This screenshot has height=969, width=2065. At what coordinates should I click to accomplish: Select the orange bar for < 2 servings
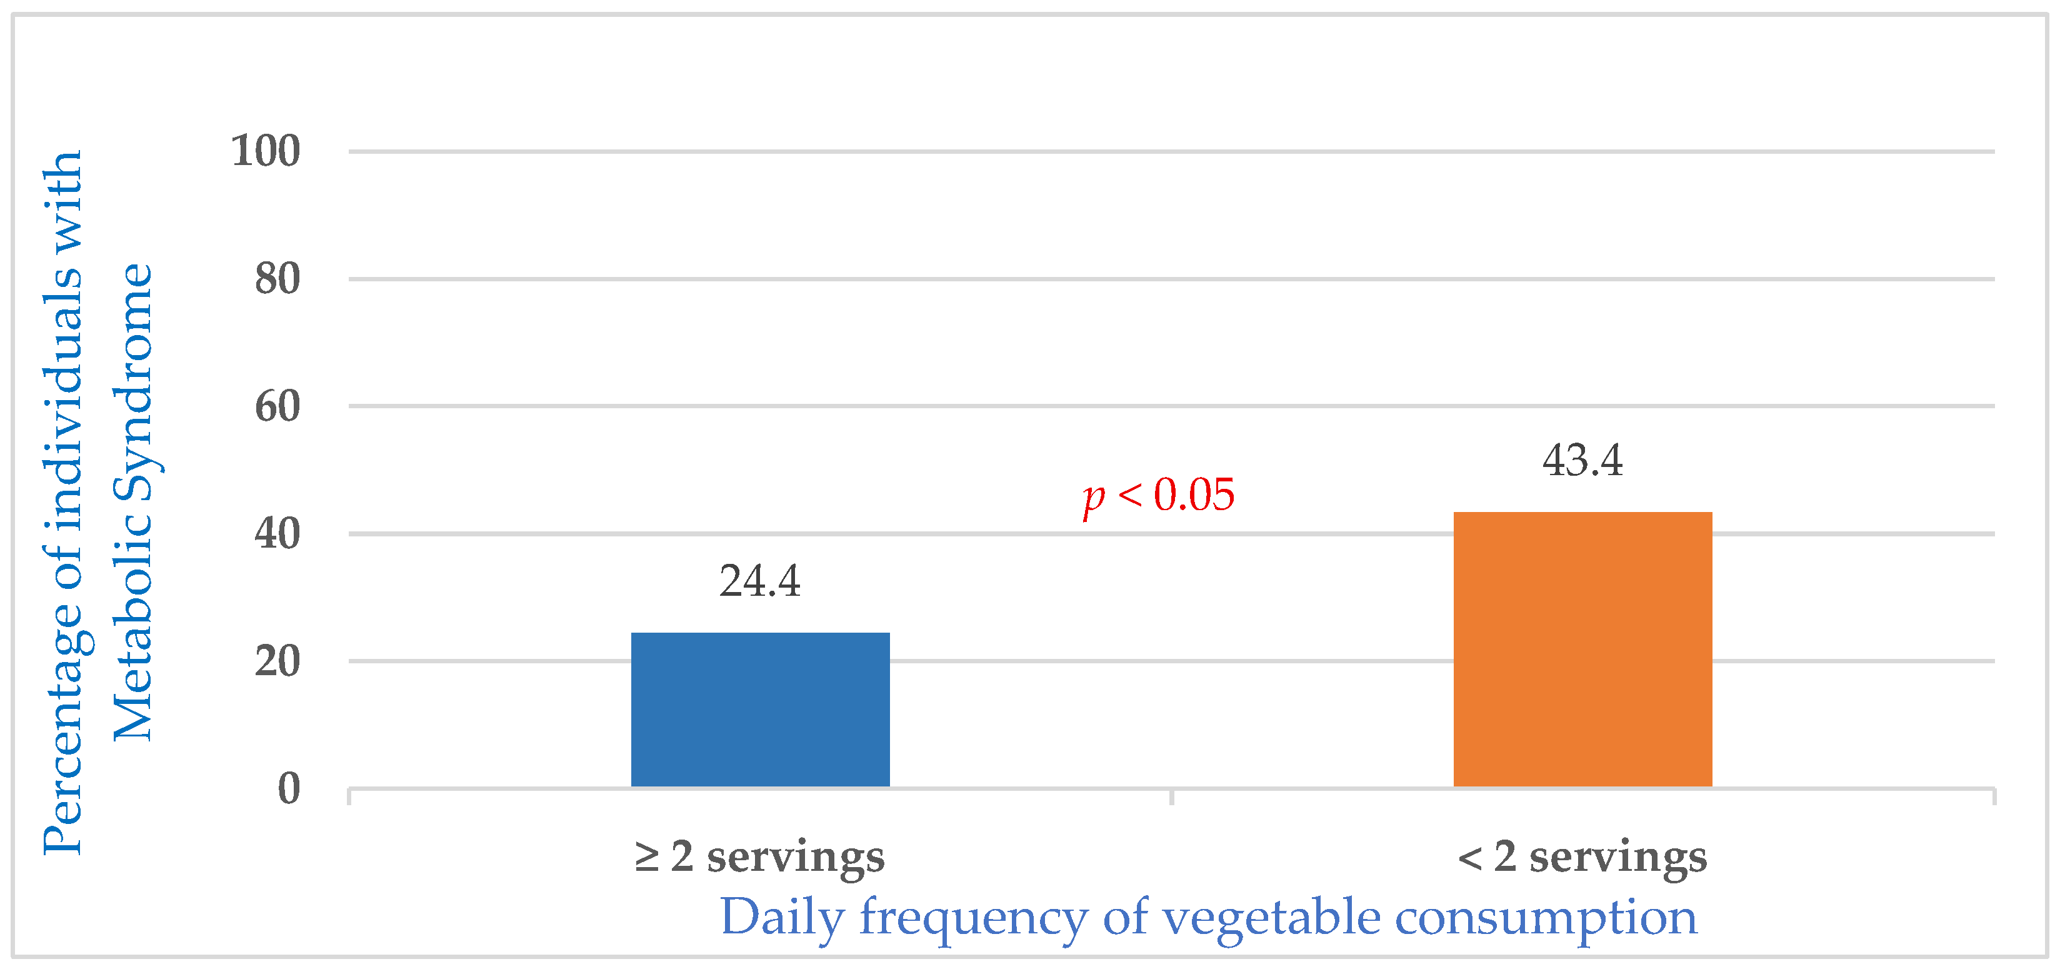click(x=1582, y=649)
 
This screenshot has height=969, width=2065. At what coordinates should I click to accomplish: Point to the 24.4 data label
click(x=759, y=581)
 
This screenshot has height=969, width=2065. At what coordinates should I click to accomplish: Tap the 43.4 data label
click(x=1582, y=461)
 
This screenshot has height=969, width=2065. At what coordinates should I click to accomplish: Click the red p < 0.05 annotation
click(x=1158, y=495)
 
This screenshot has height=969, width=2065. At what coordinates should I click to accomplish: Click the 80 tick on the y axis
click(x=277, y=279)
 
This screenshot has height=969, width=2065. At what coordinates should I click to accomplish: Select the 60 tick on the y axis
click(x=277, y=407)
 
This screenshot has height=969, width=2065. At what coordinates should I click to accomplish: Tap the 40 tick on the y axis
click(x=277, y=533)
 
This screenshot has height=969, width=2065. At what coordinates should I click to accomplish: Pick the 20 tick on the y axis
click(x=277, y=662)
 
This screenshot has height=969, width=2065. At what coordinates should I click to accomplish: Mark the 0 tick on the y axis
click(x=289, y=788)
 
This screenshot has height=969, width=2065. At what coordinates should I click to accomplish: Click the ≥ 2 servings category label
click(x=759, y=856)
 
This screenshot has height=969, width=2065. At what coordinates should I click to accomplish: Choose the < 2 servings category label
click(x=1582, y=856)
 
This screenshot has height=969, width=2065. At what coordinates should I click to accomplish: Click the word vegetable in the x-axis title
click(x=1271, y=918)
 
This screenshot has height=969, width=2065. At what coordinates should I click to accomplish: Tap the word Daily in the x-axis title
click(x=782, y=918)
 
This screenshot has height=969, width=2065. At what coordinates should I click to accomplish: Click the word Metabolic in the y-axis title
click(x=133, y=621)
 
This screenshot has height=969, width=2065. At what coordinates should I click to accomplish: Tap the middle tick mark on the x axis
click(x=1171, y=796)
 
